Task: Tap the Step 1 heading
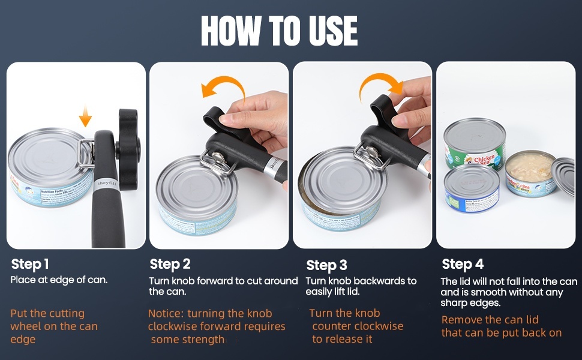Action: pyautogui.click(x=30, y=264)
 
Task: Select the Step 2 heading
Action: pyautogui.click(x=170, y=264)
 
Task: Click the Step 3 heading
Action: pyautogui.click(x=326, y=265)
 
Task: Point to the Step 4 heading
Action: pyautogui.click(x=463, y=264)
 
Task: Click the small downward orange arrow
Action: pyautogui.click(x=85, y=116)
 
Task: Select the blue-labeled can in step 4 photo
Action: pyautogui.click(x=472, y=191)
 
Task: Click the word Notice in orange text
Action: pyautogui.click(x=165, y=313)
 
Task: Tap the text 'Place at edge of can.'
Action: pyautogui.click(x=59, y=280)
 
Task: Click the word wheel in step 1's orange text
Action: pyautogui.click(x=25, y=326)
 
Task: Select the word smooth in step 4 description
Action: pyautogui.click(x=475, y=292)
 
